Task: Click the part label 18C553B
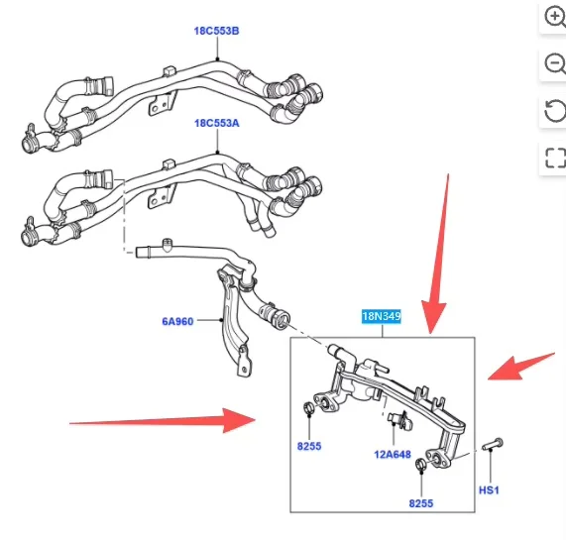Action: (x=216, y=31)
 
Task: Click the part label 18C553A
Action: (x=216, y=123)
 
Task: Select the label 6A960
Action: (x=177, y=321)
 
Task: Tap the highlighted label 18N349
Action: (x=382, y=316)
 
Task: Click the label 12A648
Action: (x=393, y=454)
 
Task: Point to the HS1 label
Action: (x=489, y=490)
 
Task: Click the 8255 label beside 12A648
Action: (x=309, y=446)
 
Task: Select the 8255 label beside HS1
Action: (x=421, y=503)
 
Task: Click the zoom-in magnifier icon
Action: (x=555, y=17)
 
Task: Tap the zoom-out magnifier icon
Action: (x=555, y=63)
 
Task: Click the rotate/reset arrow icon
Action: (x=555, y=111)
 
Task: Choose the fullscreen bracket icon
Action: (x=555, y=158)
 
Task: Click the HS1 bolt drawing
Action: (x=493, y=444)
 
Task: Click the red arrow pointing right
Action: (x=163, y=420)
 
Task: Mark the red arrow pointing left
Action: (x=520, y=368)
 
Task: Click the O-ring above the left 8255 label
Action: (x=308, y=408)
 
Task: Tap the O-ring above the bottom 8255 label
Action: (x=421, y=464)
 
